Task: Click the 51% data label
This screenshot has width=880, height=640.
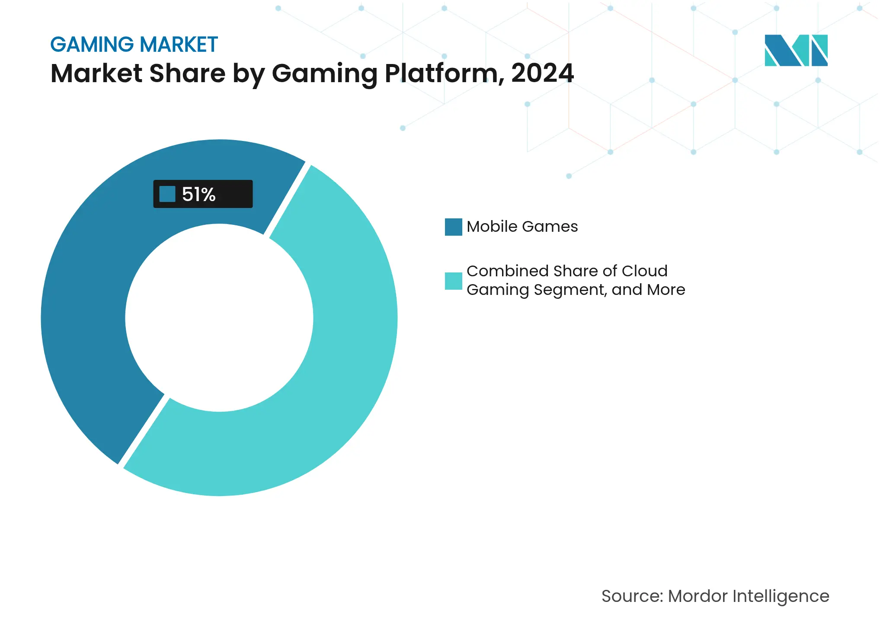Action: [x=198, y=195]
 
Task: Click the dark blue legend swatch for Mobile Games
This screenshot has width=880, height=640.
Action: [x=453, y=227]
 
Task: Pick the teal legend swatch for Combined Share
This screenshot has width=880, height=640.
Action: [x=453, y=281]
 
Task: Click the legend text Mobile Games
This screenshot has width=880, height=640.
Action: [x=522, y=227]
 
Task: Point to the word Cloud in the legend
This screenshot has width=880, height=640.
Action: [x=644, y=271]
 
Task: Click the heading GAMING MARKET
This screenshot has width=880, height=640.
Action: [x=134, y=45]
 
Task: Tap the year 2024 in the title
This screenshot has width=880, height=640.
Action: [x=542, y=73]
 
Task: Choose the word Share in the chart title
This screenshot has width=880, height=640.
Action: [x=187, y=73]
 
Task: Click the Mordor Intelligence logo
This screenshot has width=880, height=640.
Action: [x=796, y=51]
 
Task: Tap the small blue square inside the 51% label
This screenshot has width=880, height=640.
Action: [x=167, y=194]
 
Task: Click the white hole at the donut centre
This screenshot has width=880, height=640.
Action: [x=219, y=318]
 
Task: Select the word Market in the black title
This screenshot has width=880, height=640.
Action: [x=96, y=73]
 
